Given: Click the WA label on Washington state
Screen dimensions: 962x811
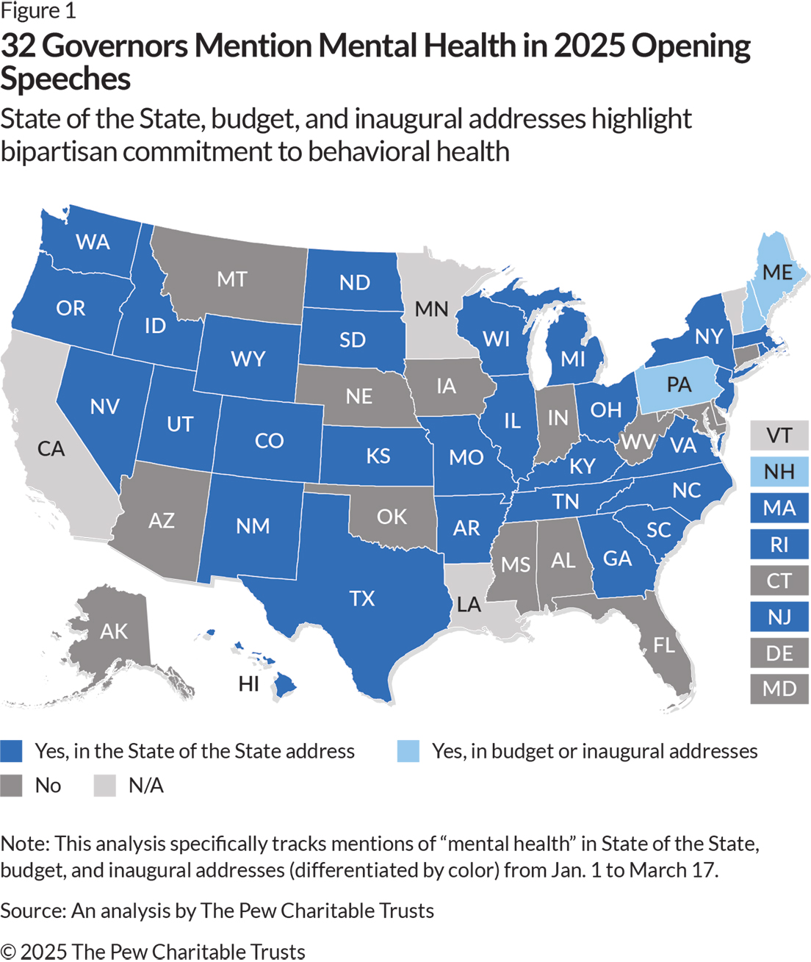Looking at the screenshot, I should coord(93,242).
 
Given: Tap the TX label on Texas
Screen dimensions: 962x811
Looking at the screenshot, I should coord(361,598).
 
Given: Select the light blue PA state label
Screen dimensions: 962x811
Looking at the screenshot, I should coord(679,384).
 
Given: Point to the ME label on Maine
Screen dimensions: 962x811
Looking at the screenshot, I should coord(777,273).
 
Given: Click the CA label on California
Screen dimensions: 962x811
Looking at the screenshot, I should coord(51,448).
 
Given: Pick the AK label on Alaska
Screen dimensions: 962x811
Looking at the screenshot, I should coord(114,631).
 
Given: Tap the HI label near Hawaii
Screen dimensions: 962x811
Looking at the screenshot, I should coord(249,684).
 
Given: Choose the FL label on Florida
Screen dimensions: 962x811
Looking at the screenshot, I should coord(664,645).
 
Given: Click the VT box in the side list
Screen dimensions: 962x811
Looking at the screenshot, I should coord(779,435).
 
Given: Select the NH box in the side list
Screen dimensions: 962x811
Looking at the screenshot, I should coord(779,471).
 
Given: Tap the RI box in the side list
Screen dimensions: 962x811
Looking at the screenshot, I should coord(779,544).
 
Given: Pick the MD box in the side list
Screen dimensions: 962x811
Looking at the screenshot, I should coord(779,689).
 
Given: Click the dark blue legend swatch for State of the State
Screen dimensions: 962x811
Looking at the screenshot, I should coord(12,751).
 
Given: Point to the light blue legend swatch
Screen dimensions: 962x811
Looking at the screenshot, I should coord(408,751).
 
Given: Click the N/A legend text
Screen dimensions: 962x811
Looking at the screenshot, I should coord(145,786).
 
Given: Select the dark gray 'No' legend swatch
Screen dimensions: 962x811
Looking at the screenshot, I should coord(12,786).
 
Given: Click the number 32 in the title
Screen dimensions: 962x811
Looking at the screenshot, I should coord(18,46).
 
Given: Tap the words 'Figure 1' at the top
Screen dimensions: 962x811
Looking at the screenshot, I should coord(37,11).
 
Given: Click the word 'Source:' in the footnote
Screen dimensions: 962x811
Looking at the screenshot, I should coord(33,911).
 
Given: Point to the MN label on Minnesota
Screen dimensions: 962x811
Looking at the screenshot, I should coord(431,309).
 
